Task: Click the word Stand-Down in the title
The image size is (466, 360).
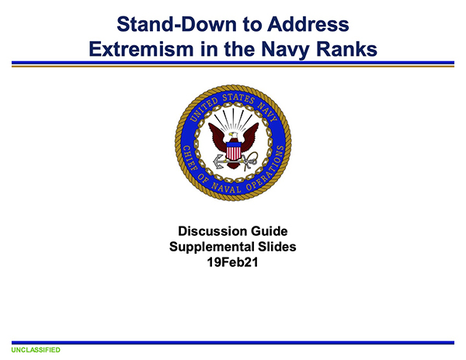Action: point(177,24)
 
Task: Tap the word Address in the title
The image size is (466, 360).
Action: point(308,24)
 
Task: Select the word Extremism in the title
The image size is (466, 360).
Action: point(141,49)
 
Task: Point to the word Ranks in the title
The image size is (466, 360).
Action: point(346,49)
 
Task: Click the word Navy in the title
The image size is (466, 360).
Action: point(286,50)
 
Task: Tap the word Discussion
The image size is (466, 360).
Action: point(212,231)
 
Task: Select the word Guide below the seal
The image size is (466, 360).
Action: point(269,231)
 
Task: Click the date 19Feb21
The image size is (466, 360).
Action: point(232,262)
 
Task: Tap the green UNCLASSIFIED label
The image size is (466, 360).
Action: point(36,350)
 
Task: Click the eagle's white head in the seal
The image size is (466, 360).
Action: point(233,136)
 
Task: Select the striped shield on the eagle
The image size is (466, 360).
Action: point(234,151)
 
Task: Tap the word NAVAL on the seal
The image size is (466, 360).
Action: point(226,188)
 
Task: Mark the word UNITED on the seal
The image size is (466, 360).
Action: point(203,109)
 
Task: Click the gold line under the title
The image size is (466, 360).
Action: point(233,66)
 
